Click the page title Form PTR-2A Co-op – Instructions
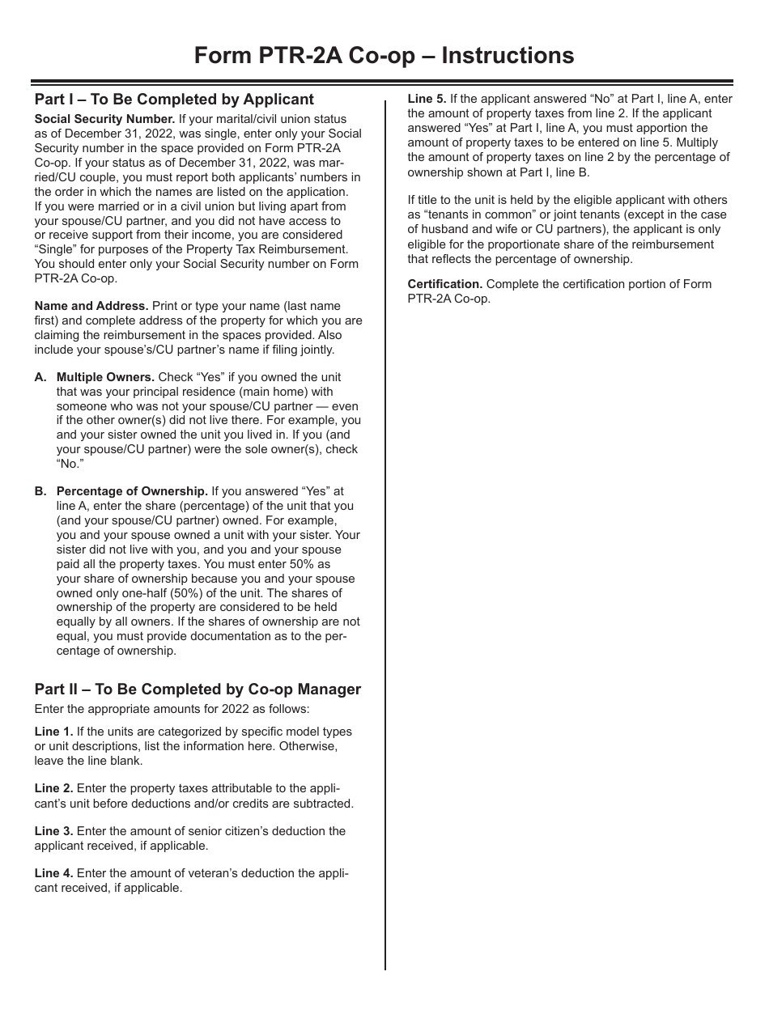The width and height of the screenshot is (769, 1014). (384, 55)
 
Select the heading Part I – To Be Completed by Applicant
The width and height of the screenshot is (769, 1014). (174, 100)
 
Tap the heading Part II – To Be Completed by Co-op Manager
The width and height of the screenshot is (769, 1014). (198, 689)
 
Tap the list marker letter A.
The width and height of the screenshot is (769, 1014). (40, 377)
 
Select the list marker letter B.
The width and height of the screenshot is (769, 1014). (40, 491)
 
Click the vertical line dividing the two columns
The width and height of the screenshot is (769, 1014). (385, 566)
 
